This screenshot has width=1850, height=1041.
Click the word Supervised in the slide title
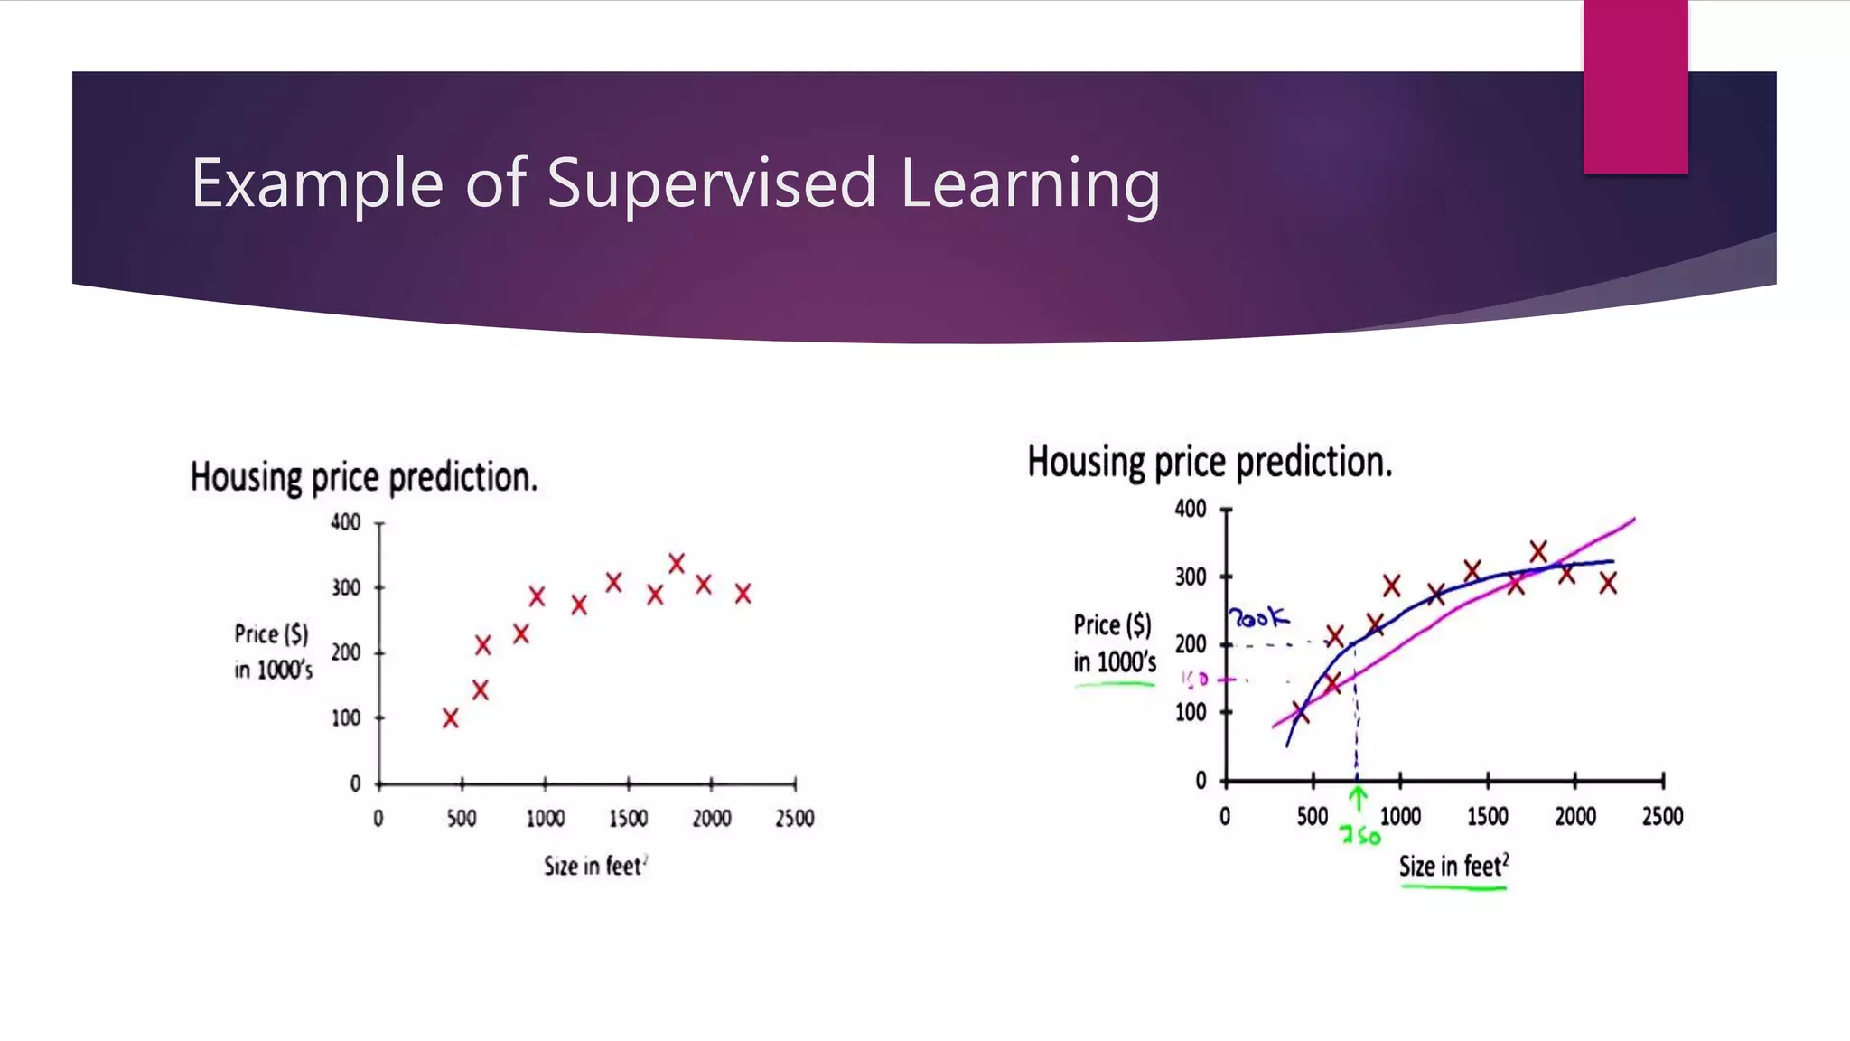711,183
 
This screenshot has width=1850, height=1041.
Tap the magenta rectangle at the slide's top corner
1635,86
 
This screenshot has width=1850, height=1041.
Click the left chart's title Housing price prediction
363,477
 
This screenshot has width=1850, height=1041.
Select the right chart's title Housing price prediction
1210,462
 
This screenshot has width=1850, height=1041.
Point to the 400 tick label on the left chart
345,522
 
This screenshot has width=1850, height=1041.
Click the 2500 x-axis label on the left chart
794,819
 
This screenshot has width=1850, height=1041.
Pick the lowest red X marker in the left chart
450,718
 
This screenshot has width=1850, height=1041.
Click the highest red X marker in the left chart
677,563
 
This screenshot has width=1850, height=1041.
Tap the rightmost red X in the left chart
743,594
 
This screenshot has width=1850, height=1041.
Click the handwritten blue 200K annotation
1257,619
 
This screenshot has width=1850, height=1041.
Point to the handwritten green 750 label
1360,836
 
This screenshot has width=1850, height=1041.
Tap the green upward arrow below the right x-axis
1358,797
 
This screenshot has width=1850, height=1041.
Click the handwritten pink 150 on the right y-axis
1194,679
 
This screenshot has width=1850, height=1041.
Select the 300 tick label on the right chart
1190,577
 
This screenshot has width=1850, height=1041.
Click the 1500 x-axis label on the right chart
1487,817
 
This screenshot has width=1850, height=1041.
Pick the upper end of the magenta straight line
1632,520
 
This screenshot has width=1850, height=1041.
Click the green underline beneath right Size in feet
1453,888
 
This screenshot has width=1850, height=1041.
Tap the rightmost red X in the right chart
1608,584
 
